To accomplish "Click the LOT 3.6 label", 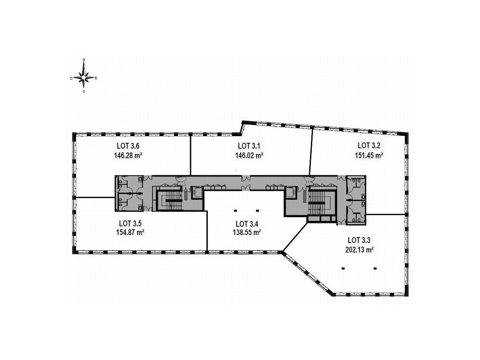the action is pyautogui.click(x=128, y=145).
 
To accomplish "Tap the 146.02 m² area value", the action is pyautogui.click(x=249, y=156).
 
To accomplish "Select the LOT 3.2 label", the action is pyautogui.click(x=369, y=145).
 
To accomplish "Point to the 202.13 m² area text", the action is pyautogui.click(x=359, y=250).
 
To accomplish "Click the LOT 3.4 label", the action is pyautogui.click(x=247, y=224).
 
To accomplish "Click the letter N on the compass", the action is pyautogui.click(x=84, y=60).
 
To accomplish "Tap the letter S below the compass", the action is pyautogui.click(x=84, y=91).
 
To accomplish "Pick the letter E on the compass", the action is pyautogui.click(x=96, y=78).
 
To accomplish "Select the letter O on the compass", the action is pyautogui.click(x=71, y=78).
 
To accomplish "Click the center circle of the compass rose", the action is pyautogui.click(x=84, y=78).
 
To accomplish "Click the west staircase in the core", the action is pyautogui.click(x=169, y=200).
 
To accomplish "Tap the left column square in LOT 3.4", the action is pyautogui.click(x=235, y=211).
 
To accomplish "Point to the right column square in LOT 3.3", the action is pyautogui.click(x=375, y=268).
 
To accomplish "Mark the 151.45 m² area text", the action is pyautogui.click(x=369, y=156).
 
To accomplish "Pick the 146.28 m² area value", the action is pyautogui.click(x=128, y=156).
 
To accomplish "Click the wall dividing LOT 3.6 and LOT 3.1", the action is pyautogui.click(x=191, y=155).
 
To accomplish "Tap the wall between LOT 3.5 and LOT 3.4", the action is pyautogui.click(x=207, y=230).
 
